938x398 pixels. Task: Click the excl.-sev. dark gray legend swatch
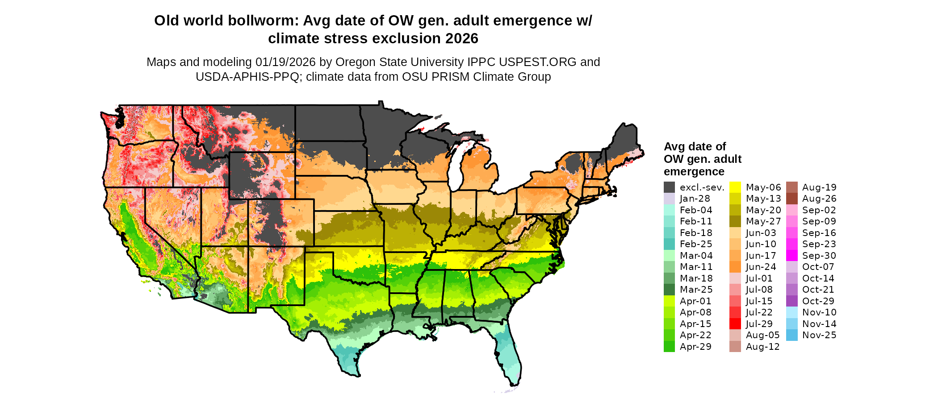(x=669, y=187)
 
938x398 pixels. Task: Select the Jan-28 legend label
(x=695, y=199)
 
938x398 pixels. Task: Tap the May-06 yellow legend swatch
(x=735, y=187)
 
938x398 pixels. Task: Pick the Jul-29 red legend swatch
(x=735, y=324)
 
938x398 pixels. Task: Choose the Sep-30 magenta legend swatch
(x=791, y=256)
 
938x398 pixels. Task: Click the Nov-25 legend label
(x=819, y=335)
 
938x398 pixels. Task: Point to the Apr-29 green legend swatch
(x=669, y=347)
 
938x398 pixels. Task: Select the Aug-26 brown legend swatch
(x=791, y=199)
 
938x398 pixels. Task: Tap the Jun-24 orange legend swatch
(x=735, y=267)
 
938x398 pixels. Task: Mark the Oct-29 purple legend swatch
(x=791, y=301)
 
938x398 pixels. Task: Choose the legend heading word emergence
(x=694, y=172)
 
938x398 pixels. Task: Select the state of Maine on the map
(x=623, y=143)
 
